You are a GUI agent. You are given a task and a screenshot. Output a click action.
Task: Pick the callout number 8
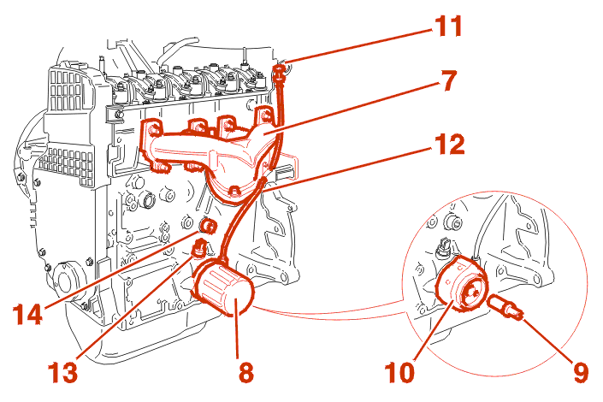click(x=246, y=372)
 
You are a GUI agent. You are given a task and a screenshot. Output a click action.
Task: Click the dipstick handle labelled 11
click(x=279, y=72)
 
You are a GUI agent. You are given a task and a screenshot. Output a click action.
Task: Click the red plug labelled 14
click(x=207, y=227)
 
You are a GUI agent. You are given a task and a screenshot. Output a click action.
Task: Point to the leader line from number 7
click(x=359, y=106)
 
